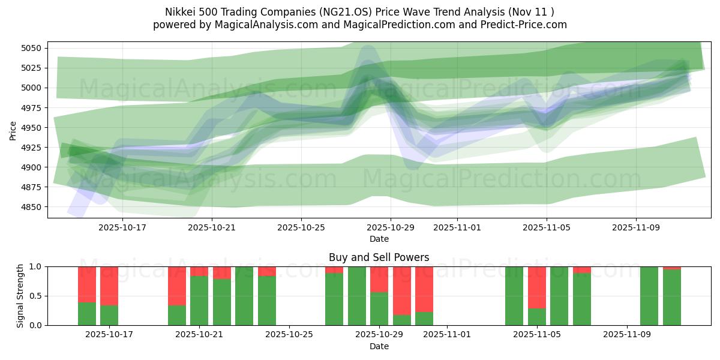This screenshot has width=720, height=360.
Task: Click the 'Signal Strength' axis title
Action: tap(20, 295)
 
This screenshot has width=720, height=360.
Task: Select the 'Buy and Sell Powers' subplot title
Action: tap(379, 257)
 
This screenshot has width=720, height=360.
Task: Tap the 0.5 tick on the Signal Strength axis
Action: tap(37, 296)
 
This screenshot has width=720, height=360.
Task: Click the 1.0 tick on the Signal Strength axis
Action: tap(37, 266)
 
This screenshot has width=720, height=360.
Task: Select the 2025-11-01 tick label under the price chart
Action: tap(457, 227)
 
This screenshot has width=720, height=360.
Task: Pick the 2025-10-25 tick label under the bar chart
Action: tap(289, 335)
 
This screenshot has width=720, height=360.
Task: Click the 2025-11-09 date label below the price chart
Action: tap(636, 227)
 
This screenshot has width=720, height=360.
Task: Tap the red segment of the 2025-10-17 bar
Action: tap(109, 286)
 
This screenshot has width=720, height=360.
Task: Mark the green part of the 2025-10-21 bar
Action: tap(199, 300)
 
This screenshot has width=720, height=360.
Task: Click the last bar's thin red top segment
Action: tap(672, 268)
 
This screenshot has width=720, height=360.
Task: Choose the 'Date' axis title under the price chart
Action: tap(379, 239)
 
